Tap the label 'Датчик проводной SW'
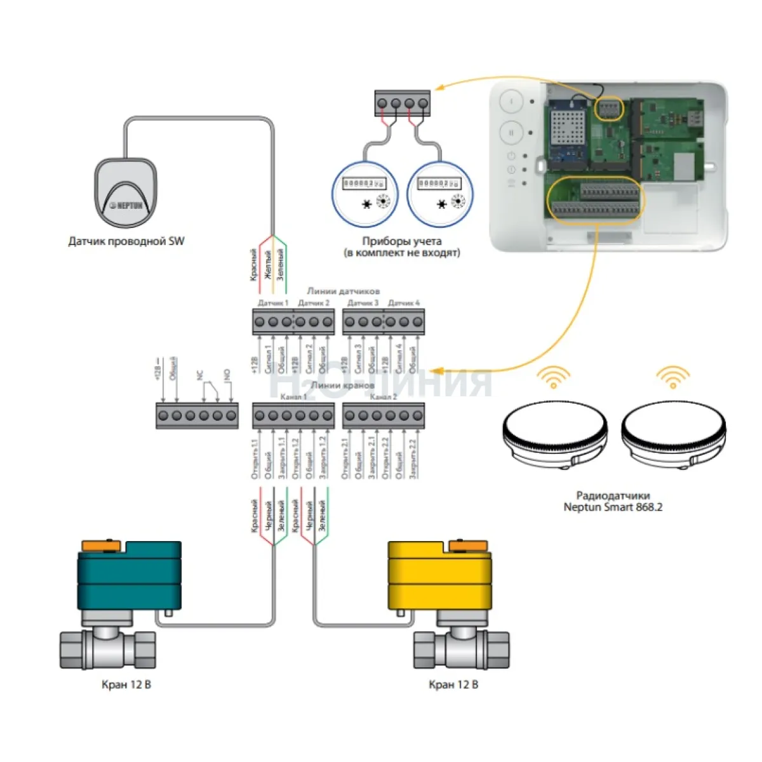click(126, 241)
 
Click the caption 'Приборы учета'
click(401, 241)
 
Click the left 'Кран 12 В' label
click(126, 685)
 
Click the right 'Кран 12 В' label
click(453, 685)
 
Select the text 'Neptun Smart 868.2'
click(613, 507)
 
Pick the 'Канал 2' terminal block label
click(383, 397)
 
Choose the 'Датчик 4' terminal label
click(404, 304)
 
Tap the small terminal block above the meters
click(403, 103)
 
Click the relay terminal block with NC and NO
click(197, 416)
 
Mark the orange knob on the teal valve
click(102, 544)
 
